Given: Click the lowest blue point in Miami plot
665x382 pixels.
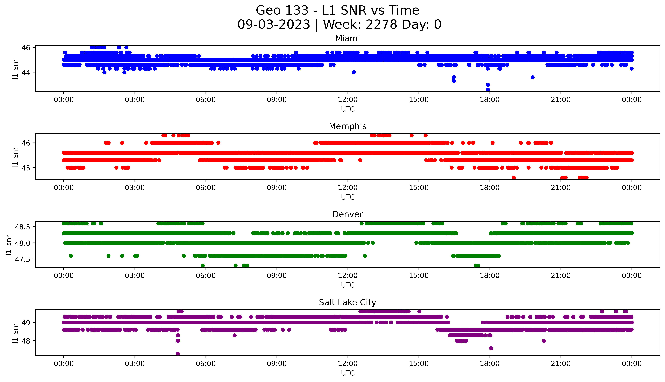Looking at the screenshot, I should (488, 89).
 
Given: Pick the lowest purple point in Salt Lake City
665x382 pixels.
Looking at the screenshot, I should (178, 353).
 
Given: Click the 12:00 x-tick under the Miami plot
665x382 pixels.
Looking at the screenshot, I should (348, 100).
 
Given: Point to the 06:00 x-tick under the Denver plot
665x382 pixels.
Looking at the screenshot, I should (206, 275).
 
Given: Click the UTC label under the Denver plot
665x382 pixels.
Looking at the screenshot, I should (348, 285).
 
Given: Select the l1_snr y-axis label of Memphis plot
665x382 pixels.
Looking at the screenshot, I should (15, 157).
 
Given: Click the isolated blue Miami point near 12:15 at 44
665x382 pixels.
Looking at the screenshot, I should (354, 72).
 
